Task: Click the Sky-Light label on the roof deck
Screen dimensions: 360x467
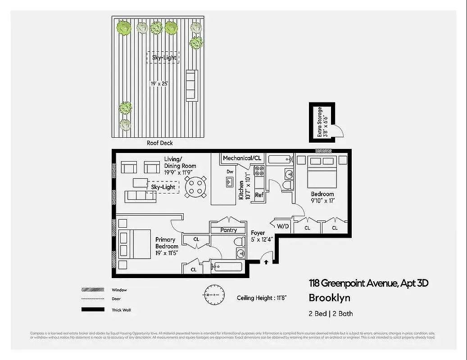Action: pyautogui.click(x=163, y=57)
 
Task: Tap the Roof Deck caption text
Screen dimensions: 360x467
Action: pyautogui.click(x=159, y=143)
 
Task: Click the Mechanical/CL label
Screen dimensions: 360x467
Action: pyautogui.click(x=242, y=158)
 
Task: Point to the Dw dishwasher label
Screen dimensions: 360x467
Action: pyautogui.click(x=230, y=171)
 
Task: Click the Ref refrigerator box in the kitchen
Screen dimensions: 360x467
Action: pyautogui.click(x=259, y=195)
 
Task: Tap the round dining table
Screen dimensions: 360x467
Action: pyautogui.click(x=196, y=187)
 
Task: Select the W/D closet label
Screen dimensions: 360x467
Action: pyautogui.click(x=282, y=226)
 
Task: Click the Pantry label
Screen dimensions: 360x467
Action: pyautogui.click(x=229, y=230)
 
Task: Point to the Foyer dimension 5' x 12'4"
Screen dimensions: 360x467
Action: pyautogui.click(x=262, y=240)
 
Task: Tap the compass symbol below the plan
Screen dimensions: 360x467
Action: pyautogui.click(x=213, y=294)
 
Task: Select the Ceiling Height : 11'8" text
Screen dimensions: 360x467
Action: pyautogui.click(x=262, y=298)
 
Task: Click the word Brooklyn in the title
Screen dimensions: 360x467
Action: pyautogui.click(x=329, y=298)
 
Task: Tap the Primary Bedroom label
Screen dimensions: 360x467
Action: pyautogui.click(x=167, y=243)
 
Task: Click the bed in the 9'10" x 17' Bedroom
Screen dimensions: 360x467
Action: pyautogui.click(x=322, y=173)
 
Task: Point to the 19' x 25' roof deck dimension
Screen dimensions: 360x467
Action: pyautogui.click(x=159, y=84)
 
